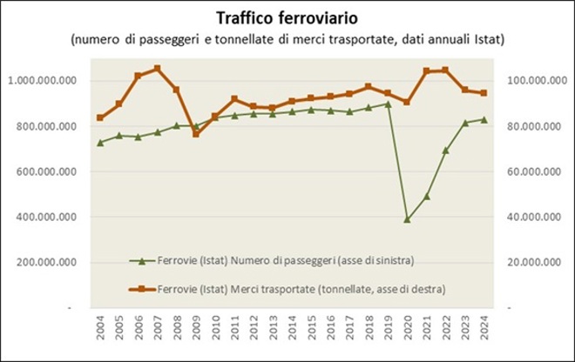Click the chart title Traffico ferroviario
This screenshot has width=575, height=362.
tap(287, 17)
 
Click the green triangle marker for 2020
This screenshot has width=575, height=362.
tap(407, 219)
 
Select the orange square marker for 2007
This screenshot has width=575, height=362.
tap(157, 68)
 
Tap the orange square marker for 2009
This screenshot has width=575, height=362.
tap(195, 134)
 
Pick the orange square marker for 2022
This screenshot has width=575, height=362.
tap(445, 70)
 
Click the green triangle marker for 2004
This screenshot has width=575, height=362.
tap(100, 142)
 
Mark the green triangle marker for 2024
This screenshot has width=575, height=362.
tap(484, 119)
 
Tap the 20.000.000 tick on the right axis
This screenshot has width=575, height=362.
tap(536, 262)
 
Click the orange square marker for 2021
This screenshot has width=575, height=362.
tap(426, 71)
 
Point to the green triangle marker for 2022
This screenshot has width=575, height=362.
tap(445, 150)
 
